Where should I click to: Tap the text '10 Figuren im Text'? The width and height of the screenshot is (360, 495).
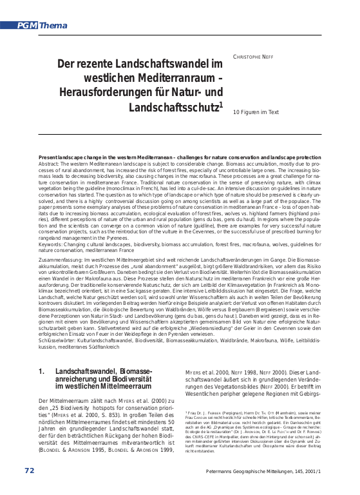tap(256, 112)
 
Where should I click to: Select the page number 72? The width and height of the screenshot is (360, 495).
tap(29, 471)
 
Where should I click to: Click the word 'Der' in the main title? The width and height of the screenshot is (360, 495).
tap(66, 64)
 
